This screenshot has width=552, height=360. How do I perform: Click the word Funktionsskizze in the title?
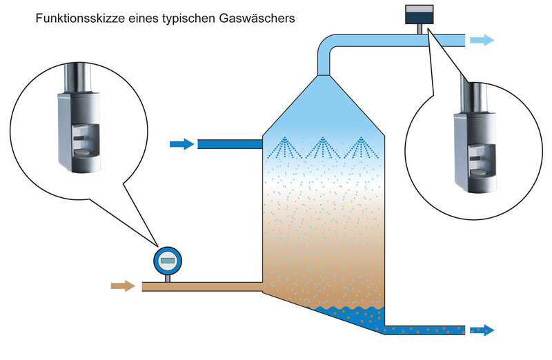[x=80, y=18]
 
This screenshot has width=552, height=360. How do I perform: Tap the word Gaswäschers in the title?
[x=257, y=18]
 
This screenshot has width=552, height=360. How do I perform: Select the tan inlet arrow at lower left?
[x=123, y=286]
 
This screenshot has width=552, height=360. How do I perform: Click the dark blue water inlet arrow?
[x=182, y=144]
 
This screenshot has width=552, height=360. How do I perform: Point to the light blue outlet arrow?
[x=482, y=40]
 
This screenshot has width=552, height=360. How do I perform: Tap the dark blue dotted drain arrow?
[x=482, y=330]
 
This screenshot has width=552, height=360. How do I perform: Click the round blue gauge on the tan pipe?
[x=168, y=261]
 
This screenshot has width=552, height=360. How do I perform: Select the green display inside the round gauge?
[x=168, y=261]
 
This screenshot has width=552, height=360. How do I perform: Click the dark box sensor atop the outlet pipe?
[x=420, y=14]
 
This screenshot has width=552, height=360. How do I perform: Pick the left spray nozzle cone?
[x=284, y=148]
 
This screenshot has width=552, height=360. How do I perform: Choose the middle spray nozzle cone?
[x=322, y=148]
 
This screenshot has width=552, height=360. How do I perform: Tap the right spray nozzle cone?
[x=361, y=148]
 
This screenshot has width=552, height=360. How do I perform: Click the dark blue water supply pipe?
[x=230, y=144]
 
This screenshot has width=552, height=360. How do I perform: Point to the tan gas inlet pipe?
[x=202, y=287]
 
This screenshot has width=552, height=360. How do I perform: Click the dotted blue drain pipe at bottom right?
[x=424, y=330]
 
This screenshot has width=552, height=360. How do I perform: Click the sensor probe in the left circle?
[x=79, y=118]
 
